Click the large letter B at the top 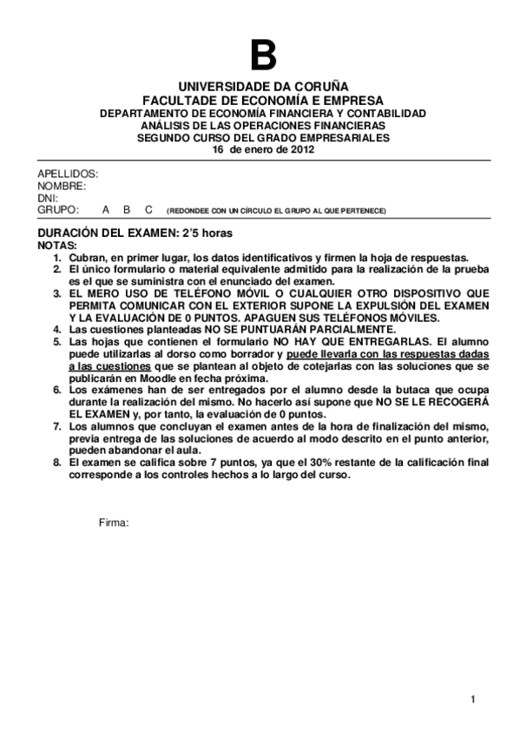pyautogui.click(x=263, y=56)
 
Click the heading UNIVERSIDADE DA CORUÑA pyautogui.click(x=263, y=88)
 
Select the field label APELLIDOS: pyautogui.click(x=68, y=174)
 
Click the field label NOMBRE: pyautogui.click(x=62, y=186)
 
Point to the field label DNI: pyautogui.click(x=48, y=198)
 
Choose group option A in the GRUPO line pyautogui.click(x=105, y=210)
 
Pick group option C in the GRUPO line pyautogui.click(x=148, y=210)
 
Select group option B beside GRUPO pyautogui.click(x=127, y=210)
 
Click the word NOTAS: pyautogui.click(x=57, y=246)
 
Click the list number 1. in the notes pyautogui.click(x=57, y=258)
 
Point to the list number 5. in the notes pyautogui.click(x=57, y=342)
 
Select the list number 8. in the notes pyautogui.click(x=57, y=463)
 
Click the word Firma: pyautogui.click(x=114, y=522)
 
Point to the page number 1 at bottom pyautogui.click(x=473, y=700)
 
